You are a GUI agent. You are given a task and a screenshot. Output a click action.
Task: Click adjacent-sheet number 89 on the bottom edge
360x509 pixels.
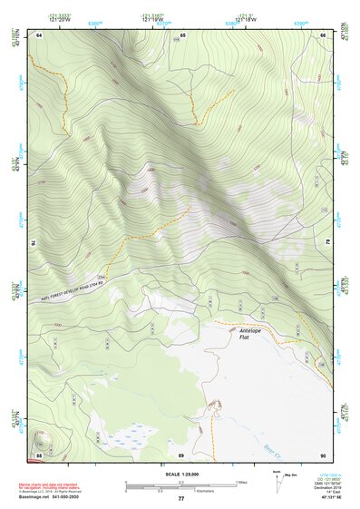181,454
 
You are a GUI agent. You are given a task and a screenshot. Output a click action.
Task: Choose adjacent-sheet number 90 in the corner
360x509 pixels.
323,454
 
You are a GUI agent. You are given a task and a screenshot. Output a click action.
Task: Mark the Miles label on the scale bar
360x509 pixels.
242,482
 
